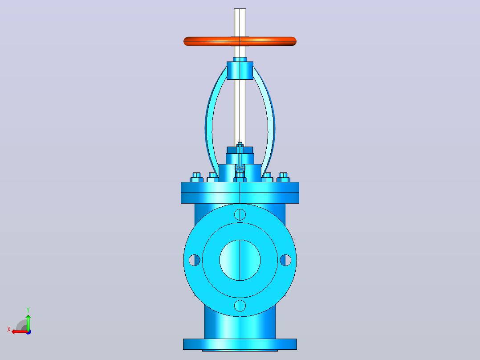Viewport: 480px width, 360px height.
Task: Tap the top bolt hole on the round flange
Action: pyautogui.click(x=240, y=214)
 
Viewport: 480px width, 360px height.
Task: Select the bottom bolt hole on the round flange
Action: pyautogui.click(x=240, y=306)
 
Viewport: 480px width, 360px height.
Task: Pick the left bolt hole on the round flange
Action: pyautogui.click(x=195, y=260)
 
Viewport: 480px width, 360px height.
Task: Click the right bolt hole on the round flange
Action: pyautogui.click(x=285, y=260)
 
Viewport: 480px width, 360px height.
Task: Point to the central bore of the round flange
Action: pyautogui.click(x=240, y=260)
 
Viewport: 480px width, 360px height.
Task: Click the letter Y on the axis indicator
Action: pyautogui.click(x=28, y=310)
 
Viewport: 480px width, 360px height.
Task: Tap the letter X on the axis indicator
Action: pyautogui.click(x=9, y=330)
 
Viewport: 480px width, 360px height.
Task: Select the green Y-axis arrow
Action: pyautogui.click(x=28, y=322)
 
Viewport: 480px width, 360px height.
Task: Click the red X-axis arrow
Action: pyautogui.click(x=20, y=332)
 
